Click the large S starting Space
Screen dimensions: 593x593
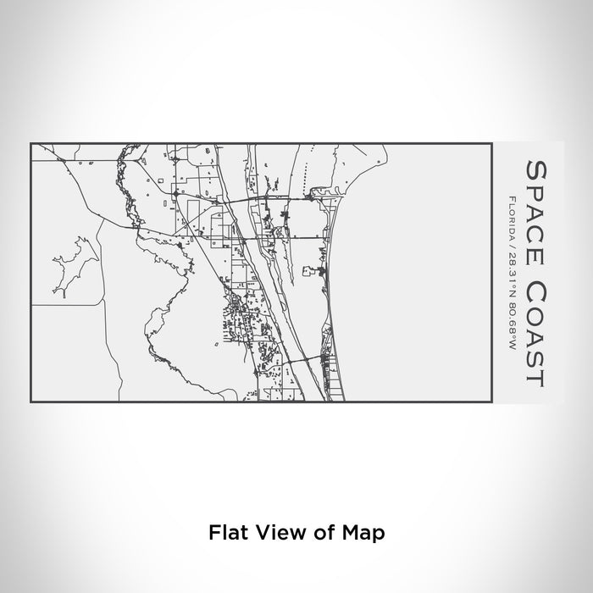coord(535,166)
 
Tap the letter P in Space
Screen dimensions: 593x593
coord(535,186)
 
